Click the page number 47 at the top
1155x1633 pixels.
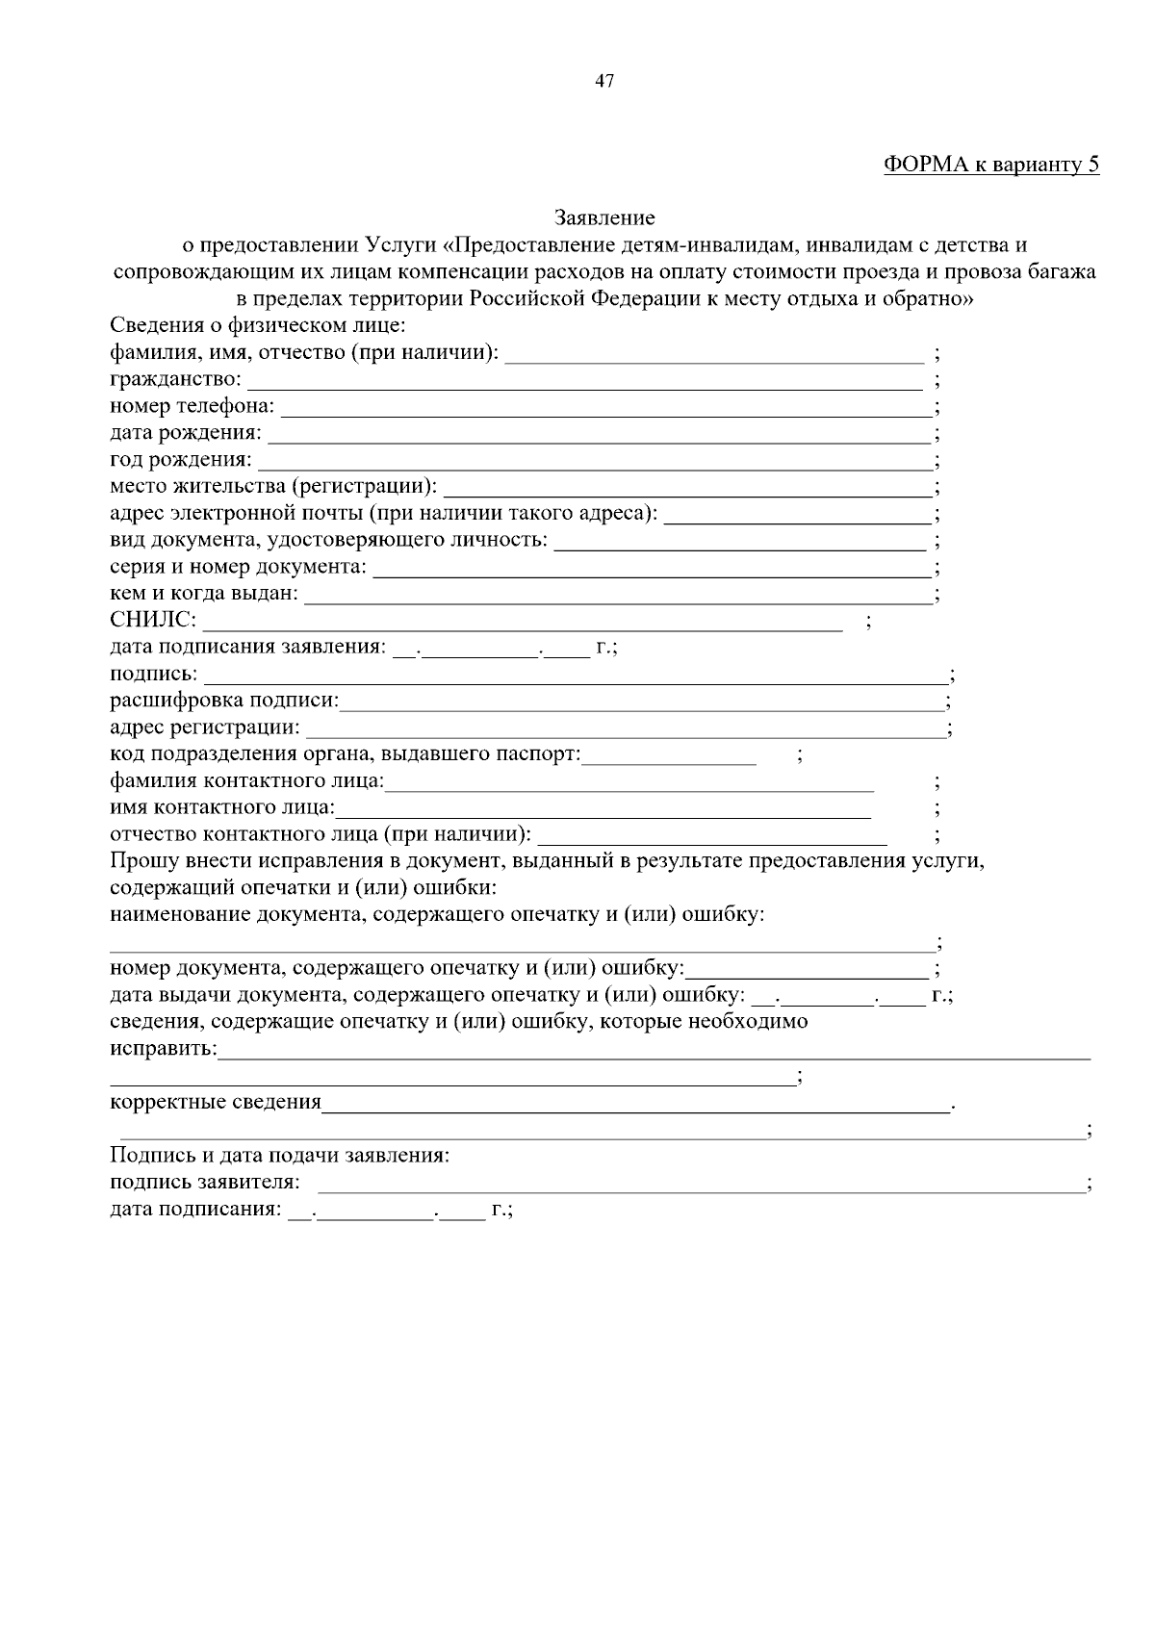click(x=604, y=81)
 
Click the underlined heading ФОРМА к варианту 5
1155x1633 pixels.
click(x=991, y=165)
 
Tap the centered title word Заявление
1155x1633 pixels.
click(x=604, y=218)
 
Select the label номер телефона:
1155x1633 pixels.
click(x=192, y=407)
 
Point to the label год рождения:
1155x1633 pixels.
click(x=181, y=460)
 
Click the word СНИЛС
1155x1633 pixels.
click(x=152, y=620)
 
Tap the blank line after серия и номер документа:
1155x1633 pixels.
click(x=652, y=567)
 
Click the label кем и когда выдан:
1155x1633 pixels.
click(x=204, y=594)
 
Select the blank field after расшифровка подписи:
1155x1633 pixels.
click(x=642, y=702)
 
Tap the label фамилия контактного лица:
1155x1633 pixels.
click(x=246, y=781)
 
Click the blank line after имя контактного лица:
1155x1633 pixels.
click(x=603, y=808)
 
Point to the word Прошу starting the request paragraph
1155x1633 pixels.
click(x=141, y=860)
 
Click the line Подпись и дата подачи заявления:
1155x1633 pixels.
click(x=280, y=1155)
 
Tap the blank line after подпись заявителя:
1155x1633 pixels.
click(x=700, y=1183)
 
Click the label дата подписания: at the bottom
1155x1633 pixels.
click(x=195, y=1209)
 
